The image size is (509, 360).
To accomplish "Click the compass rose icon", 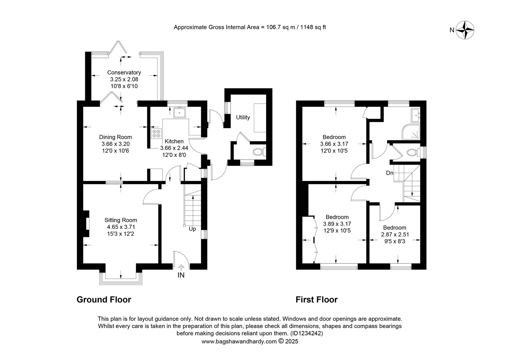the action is (465, 30).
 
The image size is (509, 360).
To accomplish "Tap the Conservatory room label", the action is (124, 73).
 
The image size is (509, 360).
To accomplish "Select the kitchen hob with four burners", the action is (156, 133).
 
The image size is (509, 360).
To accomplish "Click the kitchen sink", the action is (180, 112).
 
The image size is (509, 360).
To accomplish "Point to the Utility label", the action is (243, 117).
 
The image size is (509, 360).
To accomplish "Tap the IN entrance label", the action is (181, 275).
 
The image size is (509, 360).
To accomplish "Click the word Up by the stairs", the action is (192, 229).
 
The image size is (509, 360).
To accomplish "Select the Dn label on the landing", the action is (390, 173).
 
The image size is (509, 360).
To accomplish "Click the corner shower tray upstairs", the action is (411, 132).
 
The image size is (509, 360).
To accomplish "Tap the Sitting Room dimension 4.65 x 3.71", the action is (121, 227).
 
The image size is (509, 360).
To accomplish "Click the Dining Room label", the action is (116, 137).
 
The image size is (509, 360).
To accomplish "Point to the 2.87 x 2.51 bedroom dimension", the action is (395, 234).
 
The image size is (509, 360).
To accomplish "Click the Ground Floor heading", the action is (104, 300).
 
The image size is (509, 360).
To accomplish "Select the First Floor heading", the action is (316, 300).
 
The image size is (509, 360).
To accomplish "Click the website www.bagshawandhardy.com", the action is (239, 341).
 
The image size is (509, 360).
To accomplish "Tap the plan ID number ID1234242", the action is (306, 333).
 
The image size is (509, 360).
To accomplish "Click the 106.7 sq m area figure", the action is (280, 27).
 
